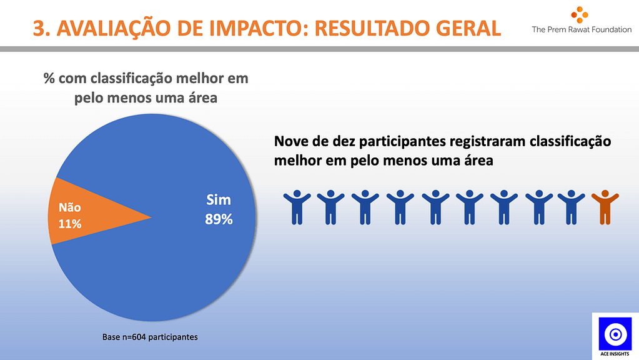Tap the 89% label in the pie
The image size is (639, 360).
(219, 219)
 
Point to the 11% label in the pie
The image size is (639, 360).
(70, 224)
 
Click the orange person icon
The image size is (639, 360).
(605, 207)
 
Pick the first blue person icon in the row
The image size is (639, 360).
(297, 207)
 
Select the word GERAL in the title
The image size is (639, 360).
(468, 29)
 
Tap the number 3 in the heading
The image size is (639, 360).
(39, 29)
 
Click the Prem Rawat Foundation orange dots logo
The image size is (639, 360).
(580, 15)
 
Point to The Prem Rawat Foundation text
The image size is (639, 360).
(582, 29)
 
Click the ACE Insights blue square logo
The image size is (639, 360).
(615, 334)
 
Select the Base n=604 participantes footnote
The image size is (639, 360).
(150, 337)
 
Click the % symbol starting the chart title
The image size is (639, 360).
(49, 78)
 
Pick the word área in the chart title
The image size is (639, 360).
(202, 98)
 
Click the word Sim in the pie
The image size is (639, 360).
(219, 200)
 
